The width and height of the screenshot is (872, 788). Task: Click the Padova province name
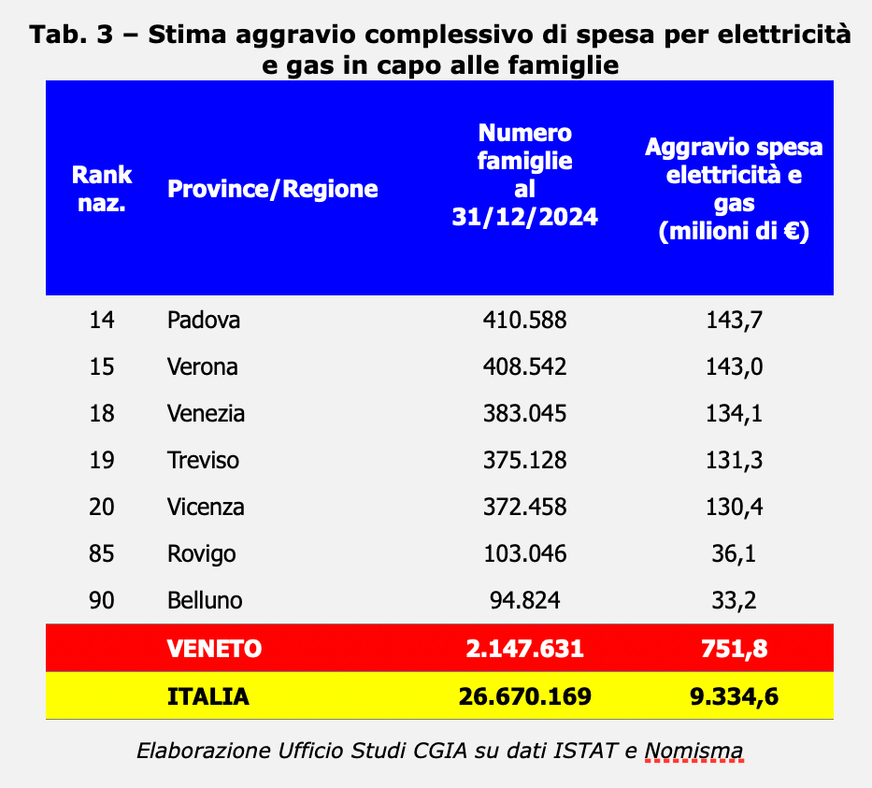[204, 320]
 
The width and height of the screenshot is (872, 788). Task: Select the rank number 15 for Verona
[101, 366]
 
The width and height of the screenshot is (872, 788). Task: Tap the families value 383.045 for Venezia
[524, 413]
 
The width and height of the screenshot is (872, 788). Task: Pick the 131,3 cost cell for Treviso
[734, 460]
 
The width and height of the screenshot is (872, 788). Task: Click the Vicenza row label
[206, 507]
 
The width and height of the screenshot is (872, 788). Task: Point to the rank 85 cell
[101, 553]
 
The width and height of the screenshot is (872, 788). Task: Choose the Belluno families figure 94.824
[524, 600]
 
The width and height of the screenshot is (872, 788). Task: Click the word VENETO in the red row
[215, 649]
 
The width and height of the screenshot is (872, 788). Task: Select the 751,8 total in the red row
[734, 649]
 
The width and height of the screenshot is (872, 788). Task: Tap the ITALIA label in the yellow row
[208, 696]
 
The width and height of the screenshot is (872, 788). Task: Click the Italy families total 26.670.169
[524, 696]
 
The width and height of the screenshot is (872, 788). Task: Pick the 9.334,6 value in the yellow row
[734, 696]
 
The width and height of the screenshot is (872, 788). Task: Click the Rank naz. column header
[102, 189]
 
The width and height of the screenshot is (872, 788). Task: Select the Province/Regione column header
[272, 190]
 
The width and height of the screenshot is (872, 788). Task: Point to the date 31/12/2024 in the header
[524, 217]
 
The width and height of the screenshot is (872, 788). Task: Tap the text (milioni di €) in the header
[734, 233]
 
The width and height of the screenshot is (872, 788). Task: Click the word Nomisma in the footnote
[693, 751]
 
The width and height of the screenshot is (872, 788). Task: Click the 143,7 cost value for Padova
[734, 320]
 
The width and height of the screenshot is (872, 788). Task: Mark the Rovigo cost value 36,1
[734, 553]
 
